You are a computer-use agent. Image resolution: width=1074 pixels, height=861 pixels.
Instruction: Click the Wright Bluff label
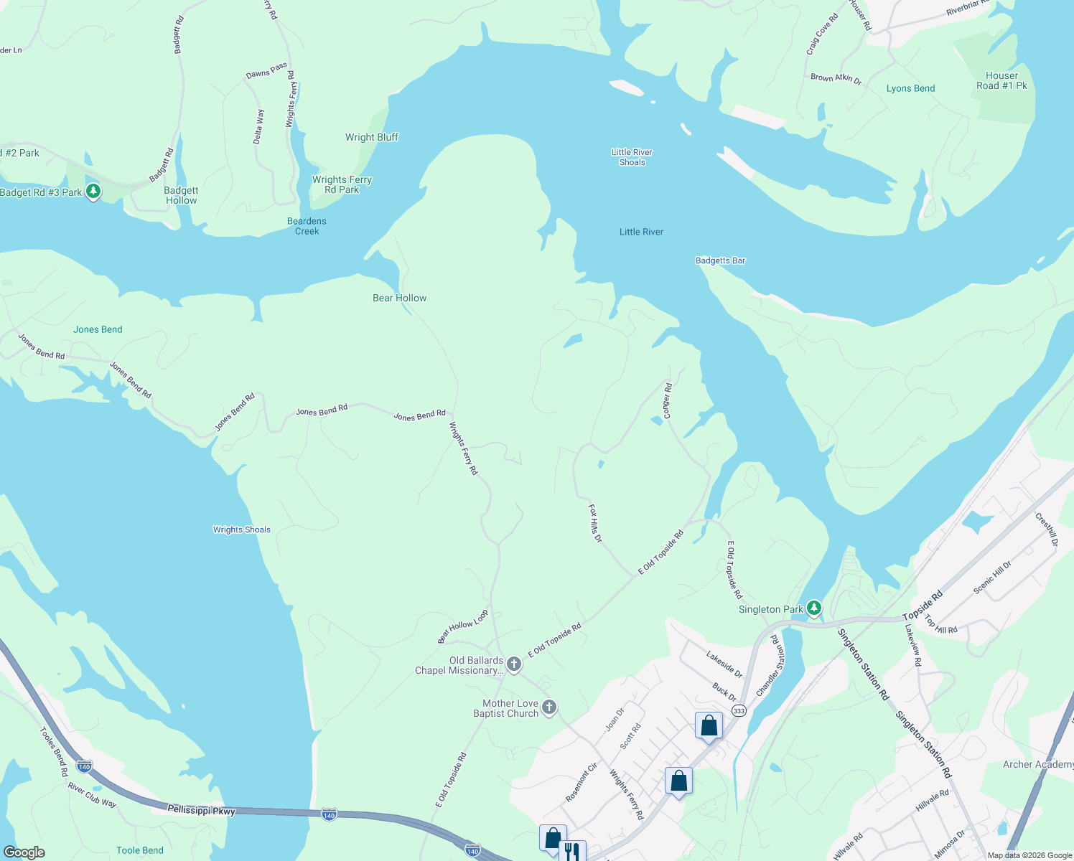(x=371, y=137)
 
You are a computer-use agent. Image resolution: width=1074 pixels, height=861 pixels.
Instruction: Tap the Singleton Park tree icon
(x=813, y=608)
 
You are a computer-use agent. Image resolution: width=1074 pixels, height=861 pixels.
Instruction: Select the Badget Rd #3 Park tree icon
(x=93, y=192)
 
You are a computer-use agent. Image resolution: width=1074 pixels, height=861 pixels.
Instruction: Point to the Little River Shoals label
(x=632, y=157)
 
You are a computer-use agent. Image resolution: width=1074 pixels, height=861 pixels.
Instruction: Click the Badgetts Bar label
(x=720, y=260)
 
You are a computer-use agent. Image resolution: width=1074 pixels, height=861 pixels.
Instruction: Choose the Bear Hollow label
(x=399, y=298)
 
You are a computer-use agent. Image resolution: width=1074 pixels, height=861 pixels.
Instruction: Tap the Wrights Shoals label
(x=242, y=530)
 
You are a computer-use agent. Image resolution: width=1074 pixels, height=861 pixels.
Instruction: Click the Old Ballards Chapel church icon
(x=514, y=664)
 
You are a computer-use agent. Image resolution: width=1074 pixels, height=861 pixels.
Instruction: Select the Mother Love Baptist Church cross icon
(x=549, y=707)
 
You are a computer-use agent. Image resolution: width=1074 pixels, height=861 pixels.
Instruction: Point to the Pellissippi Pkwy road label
(x=201, y=810)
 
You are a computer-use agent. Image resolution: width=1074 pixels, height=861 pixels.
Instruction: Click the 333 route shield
(x=739, y=710)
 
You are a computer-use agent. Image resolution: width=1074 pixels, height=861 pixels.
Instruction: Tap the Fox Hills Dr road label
(x=595, y=522)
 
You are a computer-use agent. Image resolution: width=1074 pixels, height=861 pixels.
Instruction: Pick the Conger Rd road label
(x=667, y=401)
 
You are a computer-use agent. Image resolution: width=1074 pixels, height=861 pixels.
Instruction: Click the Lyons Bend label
(x=910, y=88)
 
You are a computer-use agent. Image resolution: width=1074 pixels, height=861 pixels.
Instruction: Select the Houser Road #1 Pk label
(x=1001, y=80)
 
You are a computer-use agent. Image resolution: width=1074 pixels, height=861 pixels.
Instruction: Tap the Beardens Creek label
(x=307, y=226)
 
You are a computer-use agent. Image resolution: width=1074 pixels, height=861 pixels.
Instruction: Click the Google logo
(x=24, y=852)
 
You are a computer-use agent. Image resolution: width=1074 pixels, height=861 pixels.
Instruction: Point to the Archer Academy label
(x=1037, y=764)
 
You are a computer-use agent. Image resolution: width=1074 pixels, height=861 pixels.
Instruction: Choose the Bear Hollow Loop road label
(x=463, y=626)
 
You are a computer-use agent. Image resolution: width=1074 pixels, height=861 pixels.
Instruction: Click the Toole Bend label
(x=140, y=850)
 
